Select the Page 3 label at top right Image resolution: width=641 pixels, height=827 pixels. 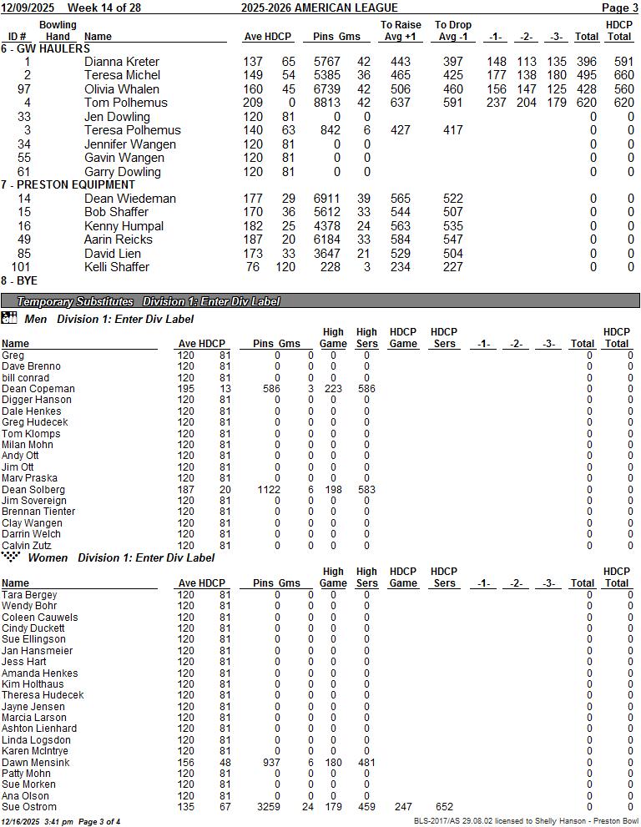(620, 8)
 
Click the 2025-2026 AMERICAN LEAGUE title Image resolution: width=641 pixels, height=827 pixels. (308, 8)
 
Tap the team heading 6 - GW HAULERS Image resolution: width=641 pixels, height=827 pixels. (46, 48)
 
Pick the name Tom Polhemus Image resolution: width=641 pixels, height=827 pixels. (125, 103)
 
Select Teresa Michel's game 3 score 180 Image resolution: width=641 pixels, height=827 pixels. (556, 75)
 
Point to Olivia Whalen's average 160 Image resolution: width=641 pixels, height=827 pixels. (252, 89)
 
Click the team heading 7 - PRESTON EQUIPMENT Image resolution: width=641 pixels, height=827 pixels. (68, 184)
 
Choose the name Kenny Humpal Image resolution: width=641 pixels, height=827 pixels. (124, 226)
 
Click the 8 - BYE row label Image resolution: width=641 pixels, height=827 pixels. (19, 281)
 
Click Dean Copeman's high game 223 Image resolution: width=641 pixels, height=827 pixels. (333, 389)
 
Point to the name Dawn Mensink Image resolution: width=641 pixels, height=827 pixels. (36, 763)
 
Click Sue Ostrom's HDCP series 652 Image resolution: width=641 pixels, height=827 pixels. (444, 807)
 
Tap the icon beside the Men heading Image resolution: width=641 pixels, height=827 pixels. (9, 318)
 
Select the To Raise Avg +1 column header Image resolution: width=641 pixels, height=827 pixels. (401, 31)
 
